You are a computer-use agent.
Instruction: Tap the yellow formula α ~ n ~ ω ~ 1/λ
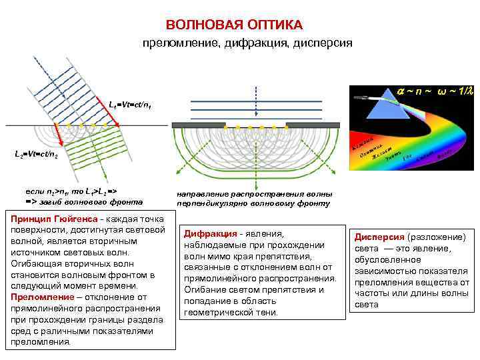pyautogui.click(x=434, y=90)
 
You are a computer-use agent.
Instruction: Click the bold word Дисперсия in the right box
pyautogui.click(x=379, y=237)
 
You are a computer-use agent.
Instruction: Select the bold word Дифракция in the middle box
pyautogui.click(x=211, y=234)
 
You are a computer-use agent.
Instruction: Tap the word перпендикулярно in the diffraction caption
pyautogui.click(x=219, y=203)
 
